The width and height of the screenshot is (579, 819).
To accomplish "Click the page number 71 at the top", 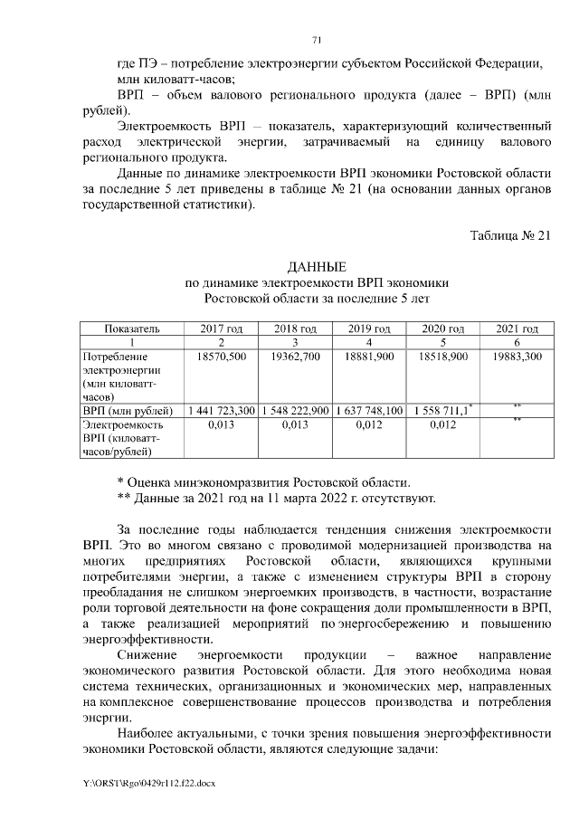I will tap(316, 39).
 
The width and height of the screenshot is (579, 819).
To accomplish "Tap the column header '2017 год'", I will tap(221, 329).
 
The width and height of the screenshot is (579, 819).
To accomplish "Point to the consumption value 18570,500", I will tap(221, 357).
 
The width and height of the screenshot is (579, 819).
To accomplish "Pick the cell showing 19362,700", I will tap(295, 357).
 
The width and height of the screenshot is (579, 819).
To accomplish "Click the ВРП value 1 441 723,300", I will tap(221, 410).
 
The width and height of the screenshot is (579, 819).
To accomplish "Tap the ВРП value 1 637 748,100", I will tap(369, 410).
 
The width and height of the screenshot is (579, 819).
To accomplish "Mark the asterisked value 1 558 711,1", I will tap(441, 410).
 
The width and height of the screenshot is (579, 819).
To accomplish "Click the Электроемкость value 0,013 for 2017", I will tap(221, 424).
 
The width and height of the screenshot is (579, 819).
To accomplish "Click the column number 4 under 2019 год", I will tap(369, 342).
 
